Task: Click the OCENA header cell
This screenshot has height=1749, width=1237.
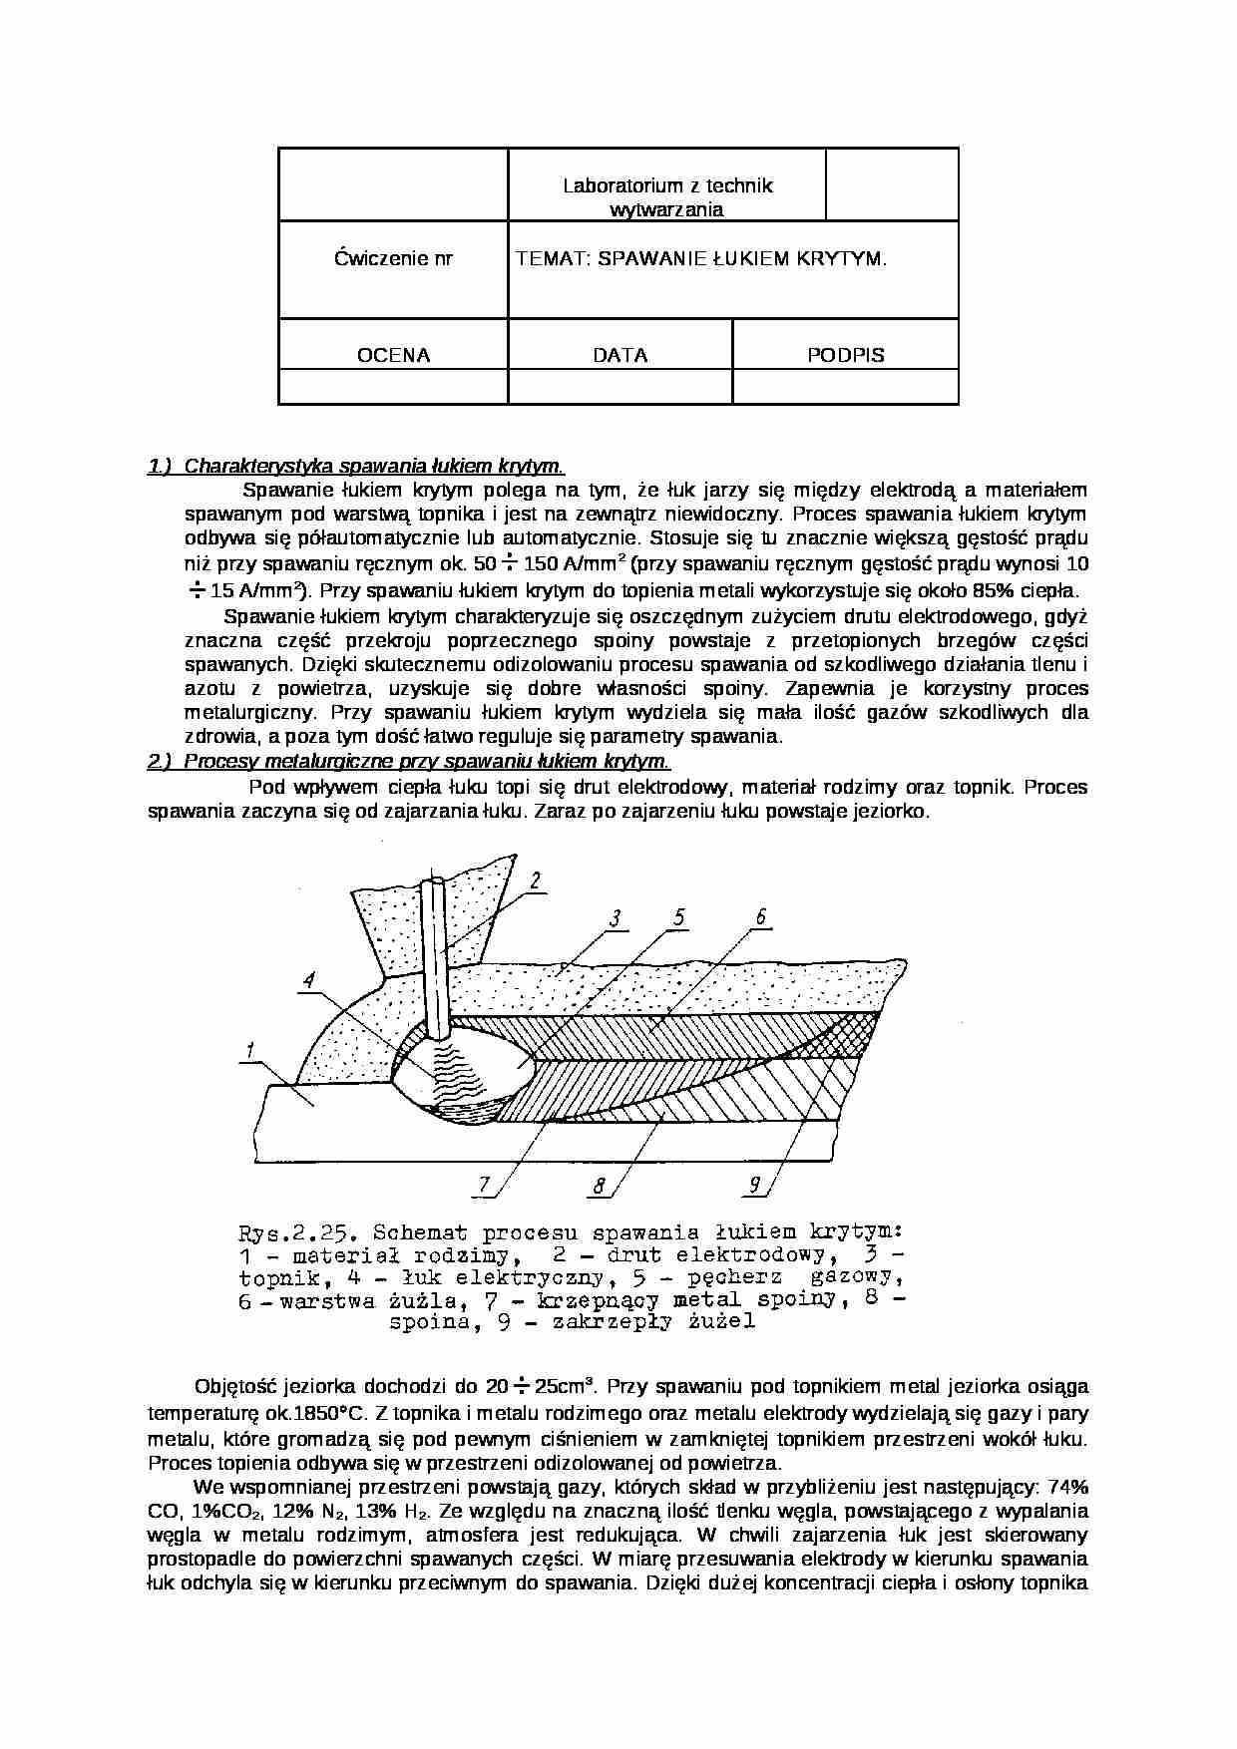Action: coord(393,355)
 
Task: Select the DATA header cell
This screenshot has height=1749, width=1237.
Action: coord(619,355)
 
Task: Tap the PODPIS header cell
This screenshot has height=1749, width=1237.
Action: coord(846,355)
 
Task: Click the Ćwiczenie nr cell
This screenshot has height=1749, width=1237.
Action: coord(393,259)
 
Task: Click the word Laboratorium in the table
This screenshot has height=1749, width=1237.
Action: coord(611,185)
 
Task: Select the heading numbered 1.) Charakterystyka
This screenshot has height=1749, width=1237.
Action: coord(356,466)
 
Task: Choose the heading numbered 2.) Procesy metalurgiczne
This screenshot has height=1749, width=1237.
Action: coord(409,762)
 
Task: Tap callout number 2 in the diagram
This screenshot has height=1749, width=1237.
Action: coord(536,880)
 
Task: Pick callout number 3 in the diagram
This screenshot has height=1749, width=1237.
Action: coord(616,918)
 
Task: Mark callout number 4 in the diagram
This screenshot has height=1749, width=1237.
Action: coord(309,980)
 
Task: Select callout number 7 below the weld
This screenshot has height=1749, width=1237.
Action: coord(485,1185)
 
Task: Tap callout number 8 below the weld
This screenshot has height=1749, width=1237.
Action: coord(600,1186)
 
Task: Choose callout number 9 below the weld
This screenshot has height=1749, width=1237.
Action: coord(755,1185)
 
